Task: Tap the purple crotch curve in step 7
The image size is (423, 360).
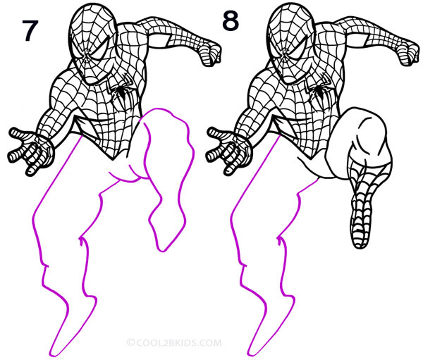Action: tap(127, 176)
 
